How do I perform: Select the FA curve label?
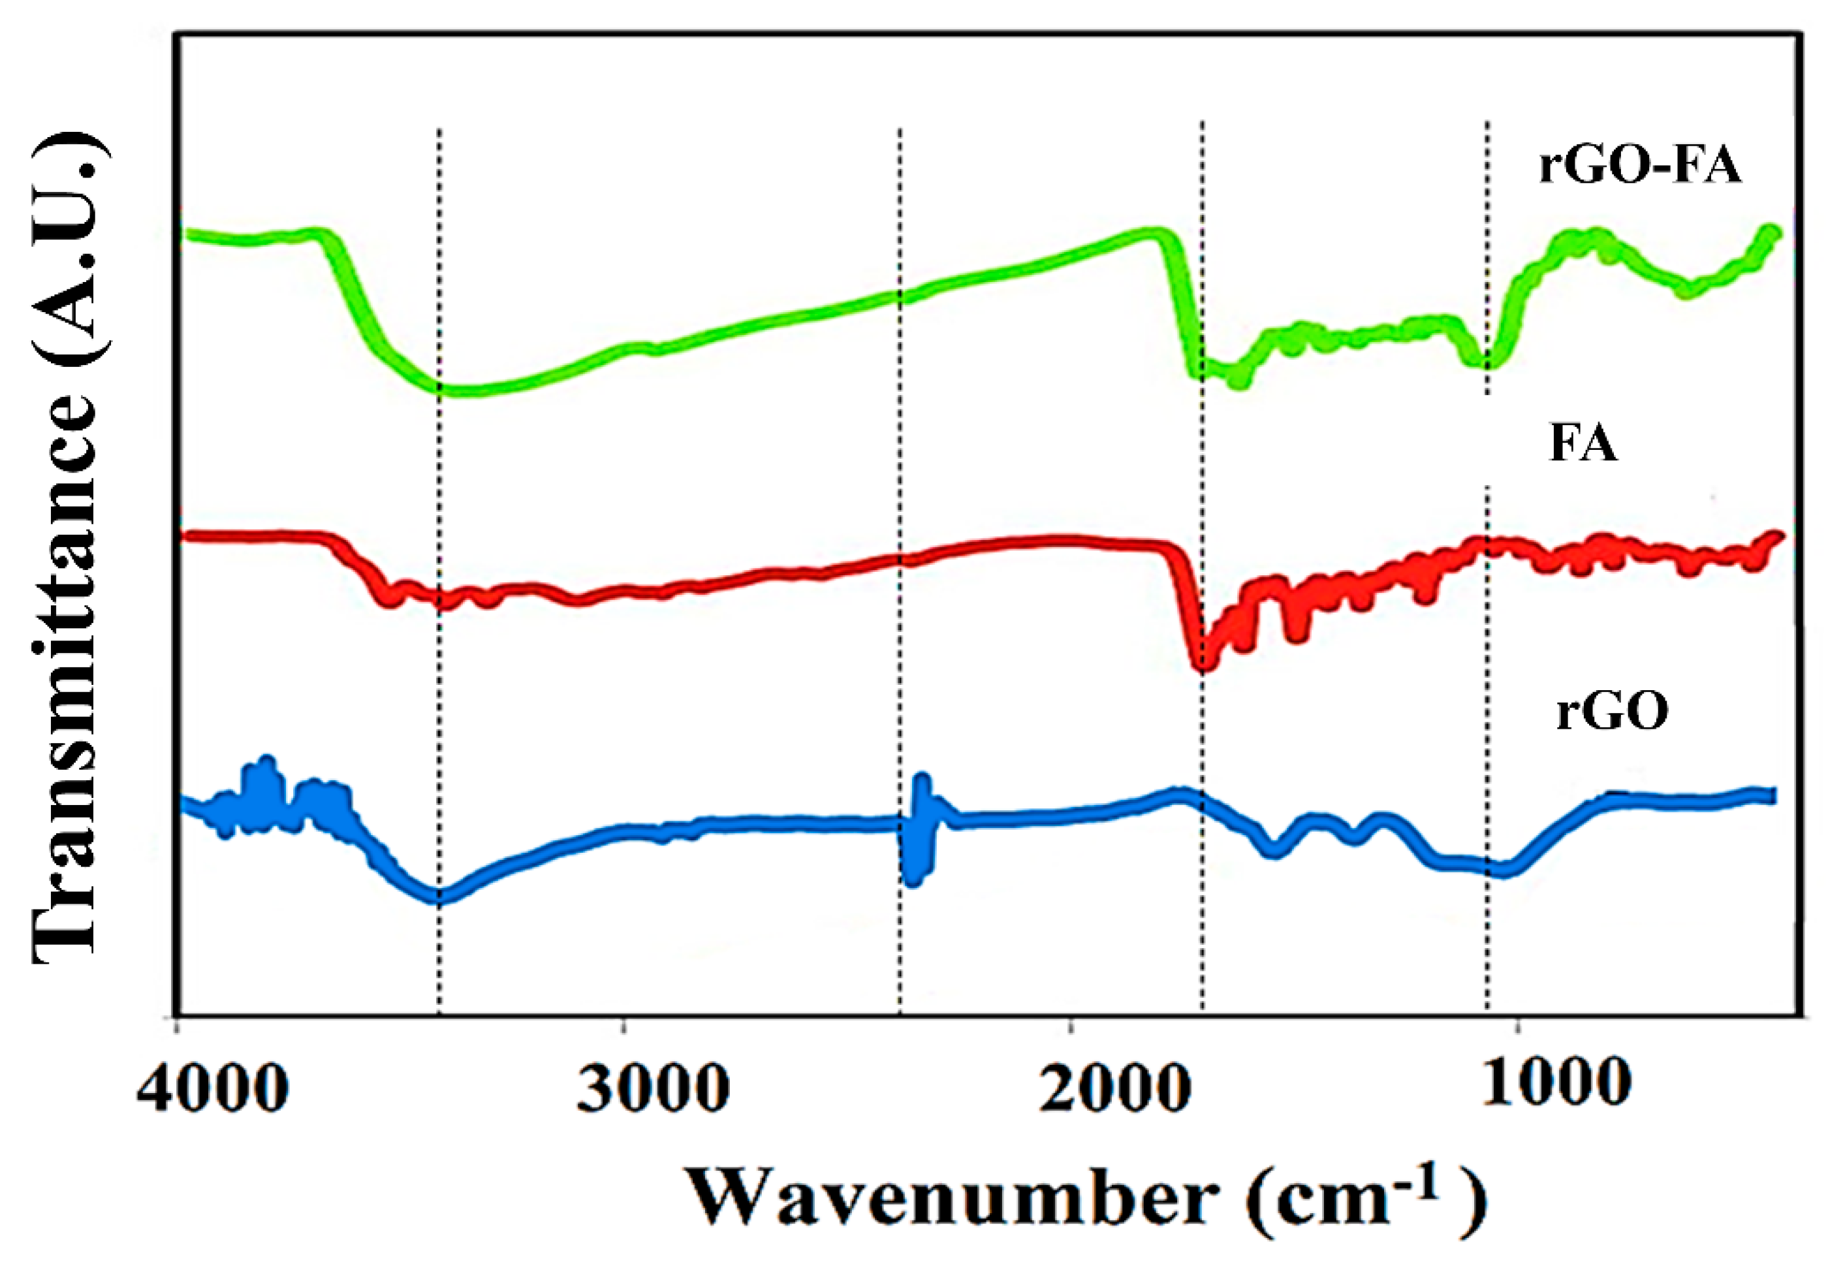click(x=1583, y=444)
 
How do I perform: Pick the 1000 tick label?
click(x=1556, y=1081)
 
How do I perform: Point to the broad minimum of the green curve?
click(x=465, y=389)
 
